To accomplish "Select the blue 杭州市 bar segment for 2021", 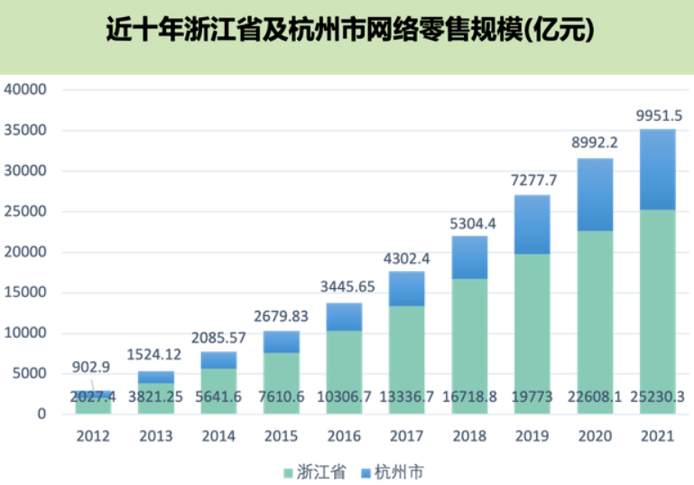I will click(657, 170).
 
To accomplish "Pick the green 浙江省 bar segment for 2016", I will click(344, 361).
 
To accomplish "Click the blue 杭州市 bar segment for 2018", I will click(469, 257).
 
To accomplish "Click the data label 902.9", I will click(92, 367).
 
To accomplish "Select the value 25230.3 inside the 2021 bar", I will click(658, 396).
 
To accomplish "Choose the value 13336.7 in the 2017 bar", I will click(407, 396).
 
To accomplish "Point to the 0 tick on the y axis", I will click(41, 415).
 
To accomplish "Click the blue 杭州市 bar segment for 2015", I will click(282, 341).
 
